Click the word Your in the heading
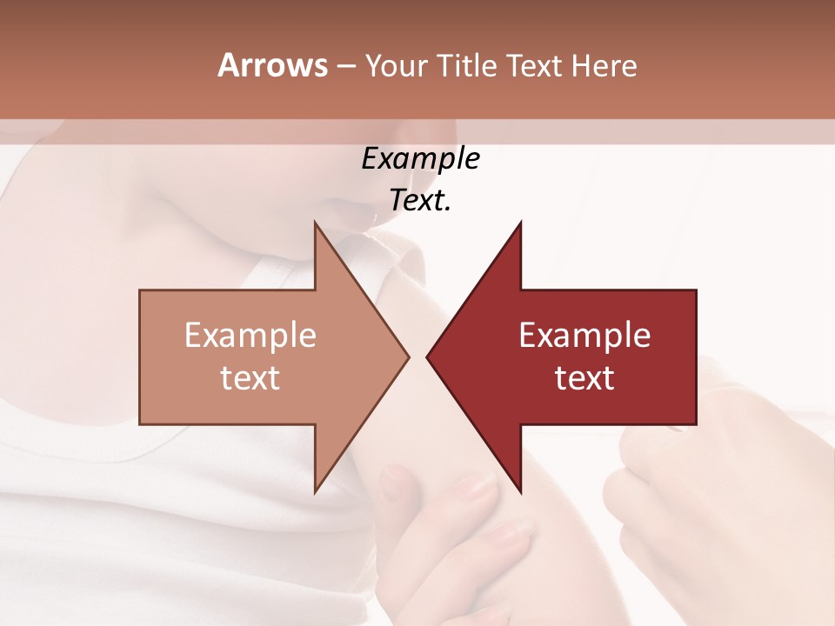click(x=396, y=66)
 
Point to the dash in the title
click(x=345, y=66)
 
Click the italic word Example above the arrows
click(x=420, y=159)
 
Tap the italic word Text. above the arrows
click(x=420, y=201)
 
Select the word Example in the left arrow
click(x=250, y=336)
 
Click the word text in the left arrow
click(x=250, y=377)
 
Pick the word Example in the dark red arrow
click(x=584, y=336)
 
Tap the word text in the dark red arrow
click(x=584, y=377)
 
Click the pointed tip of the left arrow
click(x=407, y=356)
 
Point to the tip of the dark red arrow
click(x=428, y=356)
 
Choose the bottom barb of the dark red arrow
click(x=519, y=489)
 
